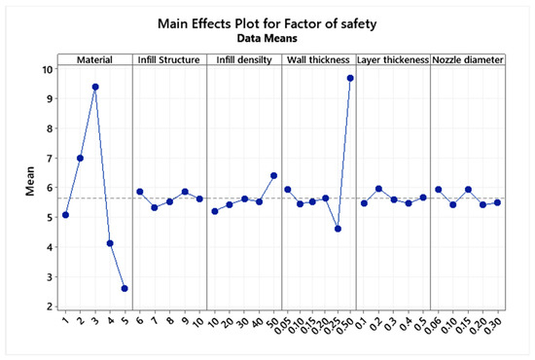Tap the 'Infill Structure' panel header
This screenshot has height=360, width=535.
click(169, 59)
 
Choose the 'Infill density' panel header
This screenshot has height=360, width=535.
click(244, 59)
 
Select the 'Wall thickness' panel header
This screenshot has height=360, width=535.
click(318, 59)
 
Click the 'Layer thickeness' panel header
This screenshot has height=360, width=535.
click(393, 59)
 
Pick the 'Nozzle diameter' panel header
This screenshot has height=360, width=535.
click(468, 59)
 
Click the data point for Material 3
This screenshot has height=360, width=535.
click(95, 87)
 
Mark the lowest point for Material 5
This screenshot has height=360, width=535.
click(125, 288)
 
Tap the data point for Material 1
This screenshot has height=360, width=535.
click(66, 215)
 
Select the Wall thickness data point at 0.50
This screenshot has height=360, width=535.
click(350, 78)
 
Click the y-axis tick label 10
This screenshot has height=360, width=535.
click(46, 69)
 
